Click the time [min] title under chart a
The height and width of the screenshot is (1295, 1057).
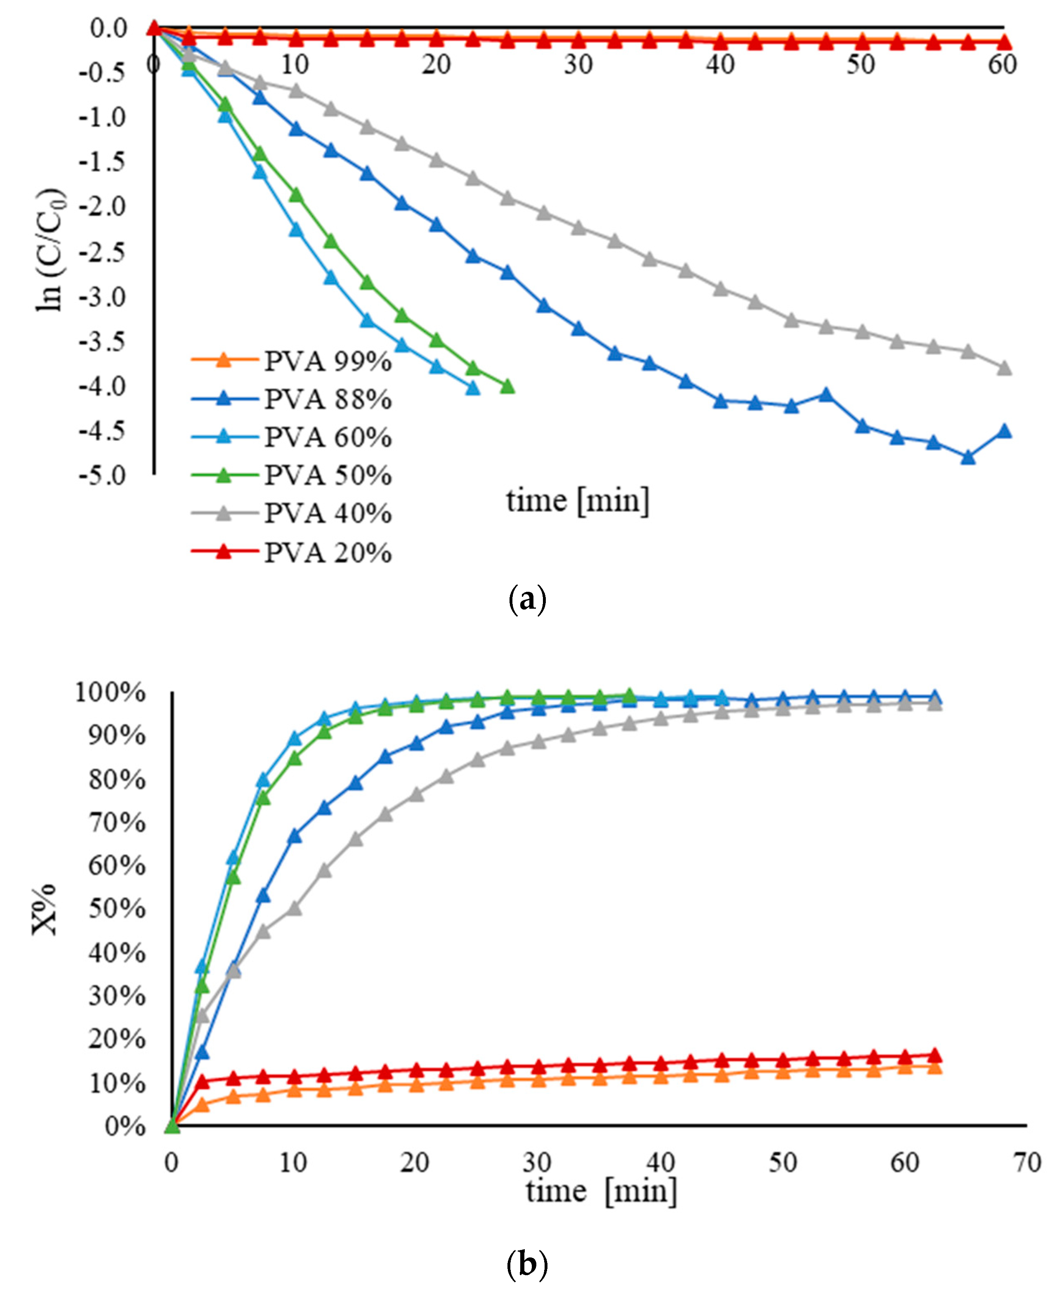(x=577, y=501)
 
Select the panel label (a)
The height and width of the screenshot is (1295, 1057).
(x=527, y=599)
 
